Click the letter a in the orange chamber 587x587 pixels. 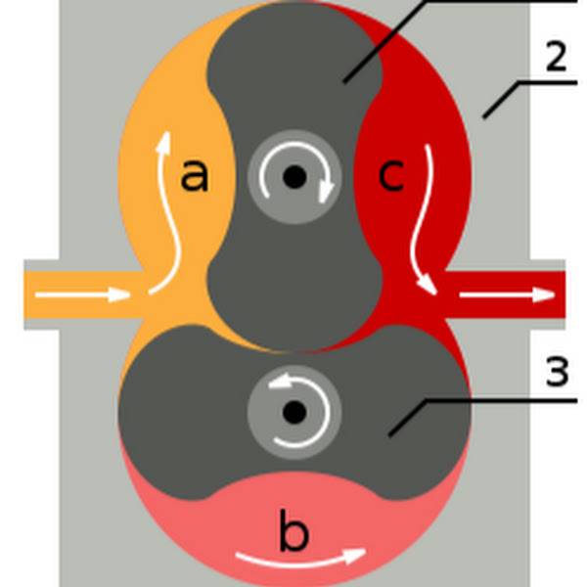(196, 176)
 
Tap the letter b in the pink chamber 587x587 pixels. (293, 534)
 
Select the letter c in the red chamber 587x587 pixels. (390, 176)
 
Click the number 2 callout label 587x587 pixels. (556, 58)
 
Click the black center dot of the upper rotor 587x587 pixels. (293, 177)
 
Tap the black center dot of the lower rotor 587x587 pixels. (293, 412)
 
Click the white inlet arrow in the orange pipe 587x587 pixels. (83, 293)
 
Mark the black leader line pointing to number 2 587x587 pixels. (509, 98)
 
